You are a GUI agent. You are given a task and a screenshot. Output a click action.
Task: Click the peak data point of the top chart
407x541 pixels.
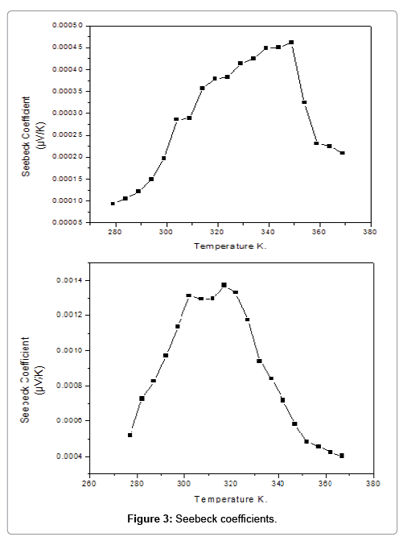(291, 43)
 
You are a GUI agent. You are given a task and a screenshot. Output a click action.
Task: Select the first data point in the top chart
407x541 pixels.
(113, 204)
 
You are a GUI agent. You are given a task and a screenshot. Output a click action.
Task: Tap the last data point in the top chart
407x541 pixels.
(343, 153)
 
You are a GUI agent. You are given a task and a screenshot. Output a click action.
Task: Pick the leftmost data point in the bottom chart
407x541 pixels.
(129, 435)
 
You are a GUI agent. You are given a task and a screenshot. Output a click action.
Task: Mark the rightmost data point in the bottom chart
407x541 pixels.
(342, 456)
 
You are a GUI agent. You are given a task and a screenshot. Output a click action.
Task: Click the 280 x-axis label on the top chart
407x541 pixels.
(115, 233)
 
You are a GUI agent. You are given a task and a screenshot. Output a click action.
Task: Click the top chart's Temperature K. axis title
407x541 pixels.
(229, 246)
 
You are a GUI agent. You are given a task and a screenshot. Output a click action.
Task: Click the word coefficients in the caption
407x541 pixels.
(249, 519)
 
